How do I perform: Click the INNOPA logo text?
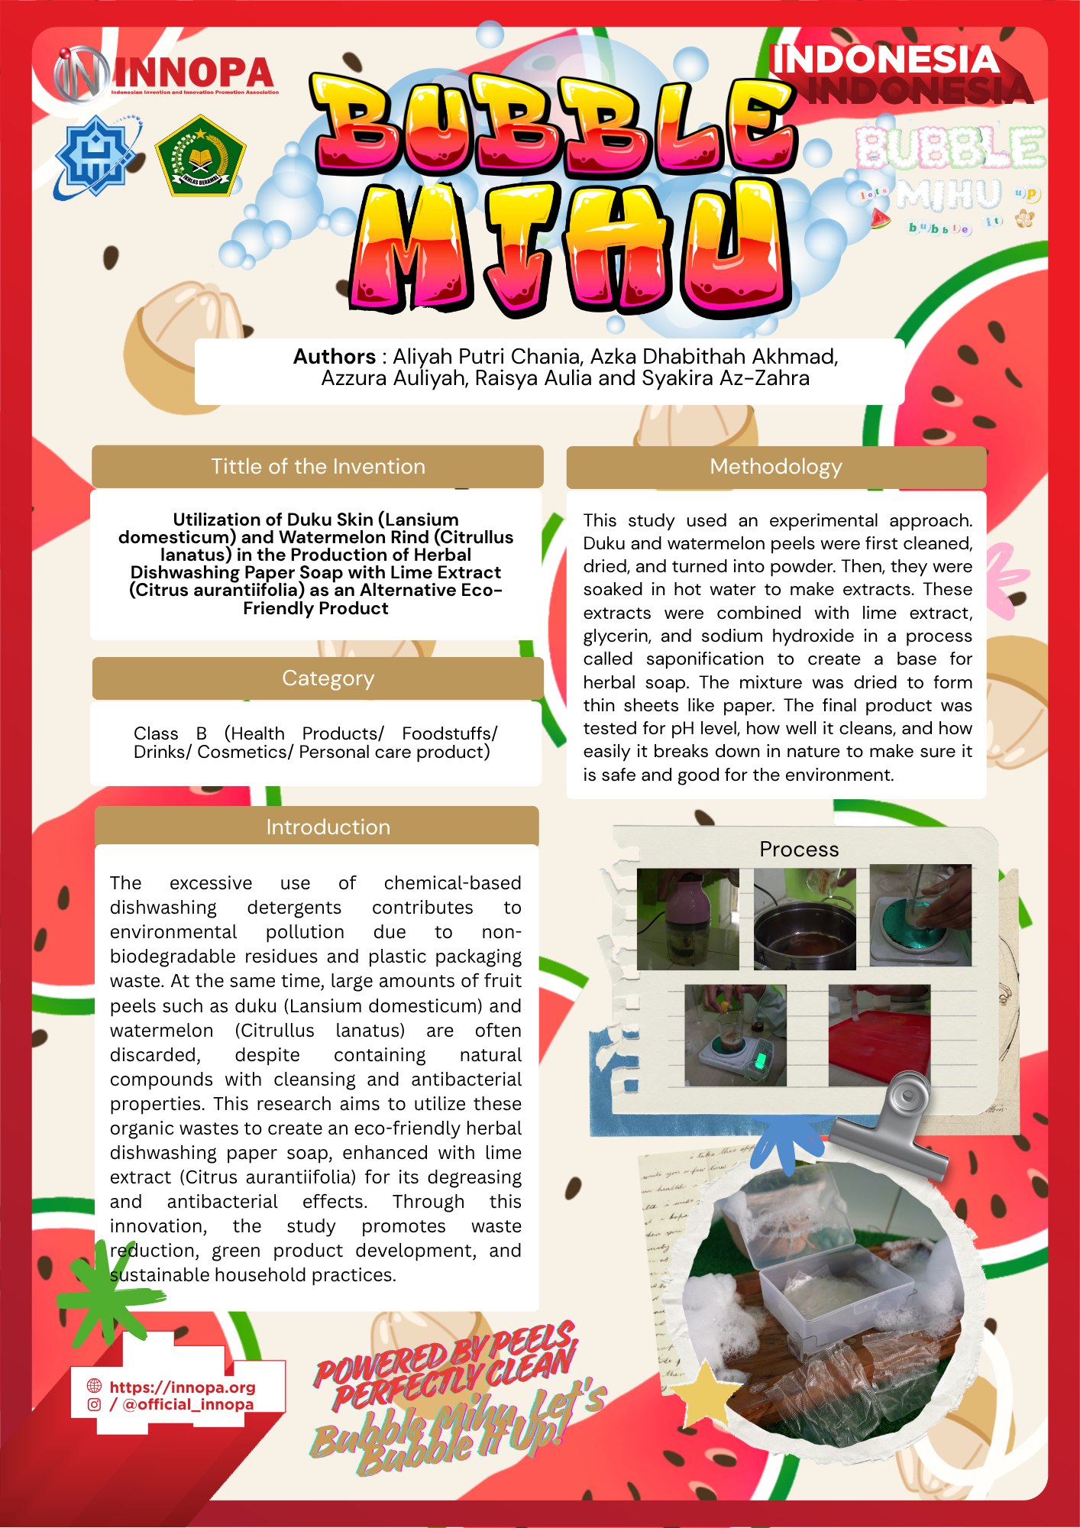tap(194, 73)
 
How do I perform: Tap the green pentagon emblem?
tap(200, 157)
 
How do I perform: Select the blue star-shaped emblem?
tap(95, 156)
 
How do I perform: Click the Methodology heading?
tap(775, 467)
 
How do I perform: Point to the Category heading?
tap(328, 678)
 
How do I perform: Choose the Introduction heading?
tap(328, 827)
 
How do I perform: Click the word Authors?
tap(334, 357)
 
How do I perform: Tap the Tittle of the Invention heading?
tap(318, 467)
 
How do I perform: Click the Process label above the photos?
tap(799, 850)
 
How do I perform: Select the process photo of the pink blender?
tap(687, 919)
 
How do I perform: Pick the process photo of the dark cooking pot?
tap(804, 919)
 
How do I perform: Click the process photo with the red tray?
tap(879, 1035)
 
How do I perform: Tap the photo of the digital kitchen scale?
tap(735, 1035)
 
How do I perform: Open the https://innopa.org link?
tap(183, 1387)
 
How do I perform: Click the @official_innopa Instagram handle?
tap(187, 1405)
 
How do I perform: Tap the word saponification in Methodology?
tap(704, 659)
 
